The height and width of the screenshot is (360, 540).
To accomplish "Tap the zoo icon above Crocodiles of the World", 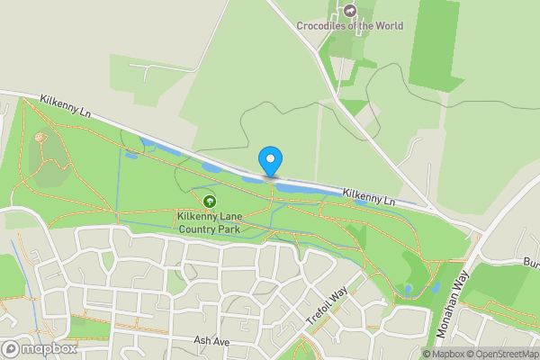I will (x=350, y=11).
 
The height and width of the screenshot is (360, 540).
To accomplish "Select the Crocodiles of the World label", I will (x=350, y=26).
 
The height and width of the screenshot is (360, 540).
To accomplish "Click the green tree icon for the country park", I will (x=210, y=201).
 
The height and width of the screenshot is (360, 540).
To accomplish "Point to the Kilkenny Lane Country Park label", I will (x=210, y=222).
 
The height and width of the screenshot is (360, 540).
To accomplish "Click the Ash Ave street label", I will (x=213, y=341).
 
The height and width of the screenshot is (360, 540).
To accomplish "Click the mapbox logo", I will (x=39, y=348).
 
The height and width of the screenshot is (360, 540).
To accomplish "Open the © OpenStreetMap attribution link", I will (x=501, y=354).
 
